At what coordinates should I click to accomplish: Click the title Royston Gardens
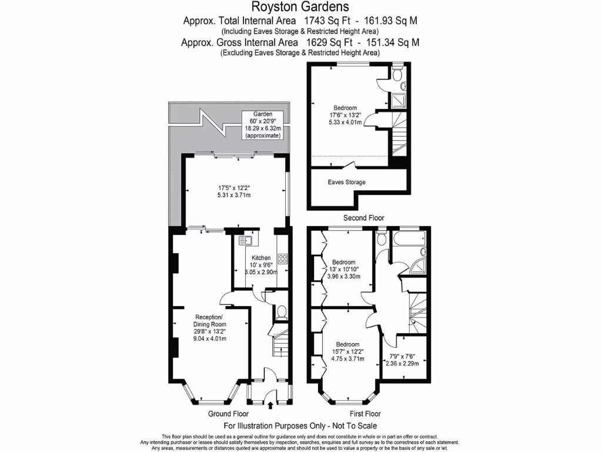(300, 7)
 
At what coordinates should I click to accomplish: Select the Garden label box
(262, 125)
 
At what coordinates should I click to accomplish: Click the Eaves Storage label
(346, 182)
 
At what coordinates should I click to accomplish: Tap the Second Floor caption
(363, 218)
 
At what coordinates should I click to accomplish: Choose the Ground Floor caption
(228, 414)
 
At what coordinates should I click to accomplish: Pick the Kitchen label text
(261, 258)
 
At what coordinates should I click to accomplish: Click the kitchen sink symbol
(245, 240)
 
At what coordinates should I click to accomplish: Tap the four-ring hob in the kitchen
(282, 259)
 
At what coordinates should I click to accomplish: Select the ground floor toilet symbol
(281, 311)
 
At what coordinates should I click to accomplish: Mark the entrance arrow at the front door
(270, 404)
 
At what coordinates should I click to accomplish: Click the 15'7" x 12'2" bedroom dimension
(349, 351)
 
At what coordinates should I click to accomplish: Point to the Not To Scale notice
(300, 426)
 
